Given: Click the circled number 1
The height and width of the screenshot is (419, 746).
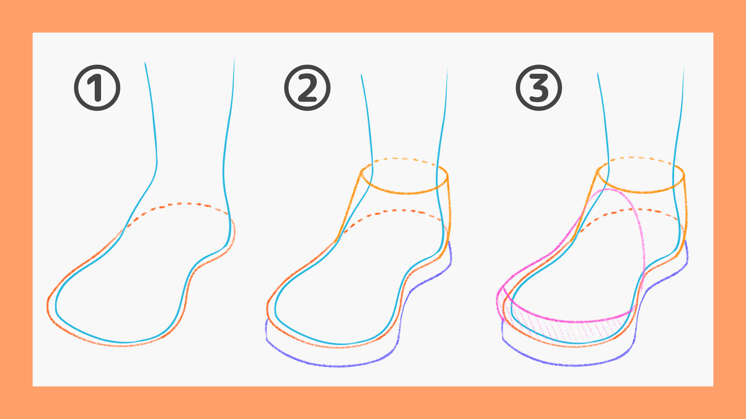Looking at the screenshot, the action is tap(97, 88).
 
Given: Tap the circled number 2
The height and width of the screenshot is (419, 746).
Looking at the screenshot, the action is tap(307, 88).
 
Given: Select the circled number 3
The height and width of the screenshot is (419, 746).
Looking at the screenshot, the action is tap(539, 88).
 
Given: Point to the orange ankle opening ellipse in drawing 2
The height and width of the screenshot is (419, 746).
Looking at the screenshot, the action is tap(404, 193).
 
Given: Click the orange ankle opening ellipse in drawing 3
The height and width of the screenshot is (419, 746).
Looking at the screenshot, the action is tap(641, 192).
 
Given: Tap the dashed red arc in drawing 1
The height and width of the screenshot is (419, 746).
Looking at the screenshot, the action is tap(179, 203).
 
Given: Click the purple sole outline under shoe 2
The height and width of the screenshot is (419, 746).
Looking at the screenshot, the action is tap(338, 366).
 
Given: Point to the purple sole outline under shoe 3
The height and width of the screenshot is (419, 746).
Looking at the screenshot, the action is tap(575, 365).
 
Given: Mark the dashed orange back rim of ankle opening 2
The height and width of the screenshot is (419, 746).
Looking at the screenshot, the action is tap(404, 159).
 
